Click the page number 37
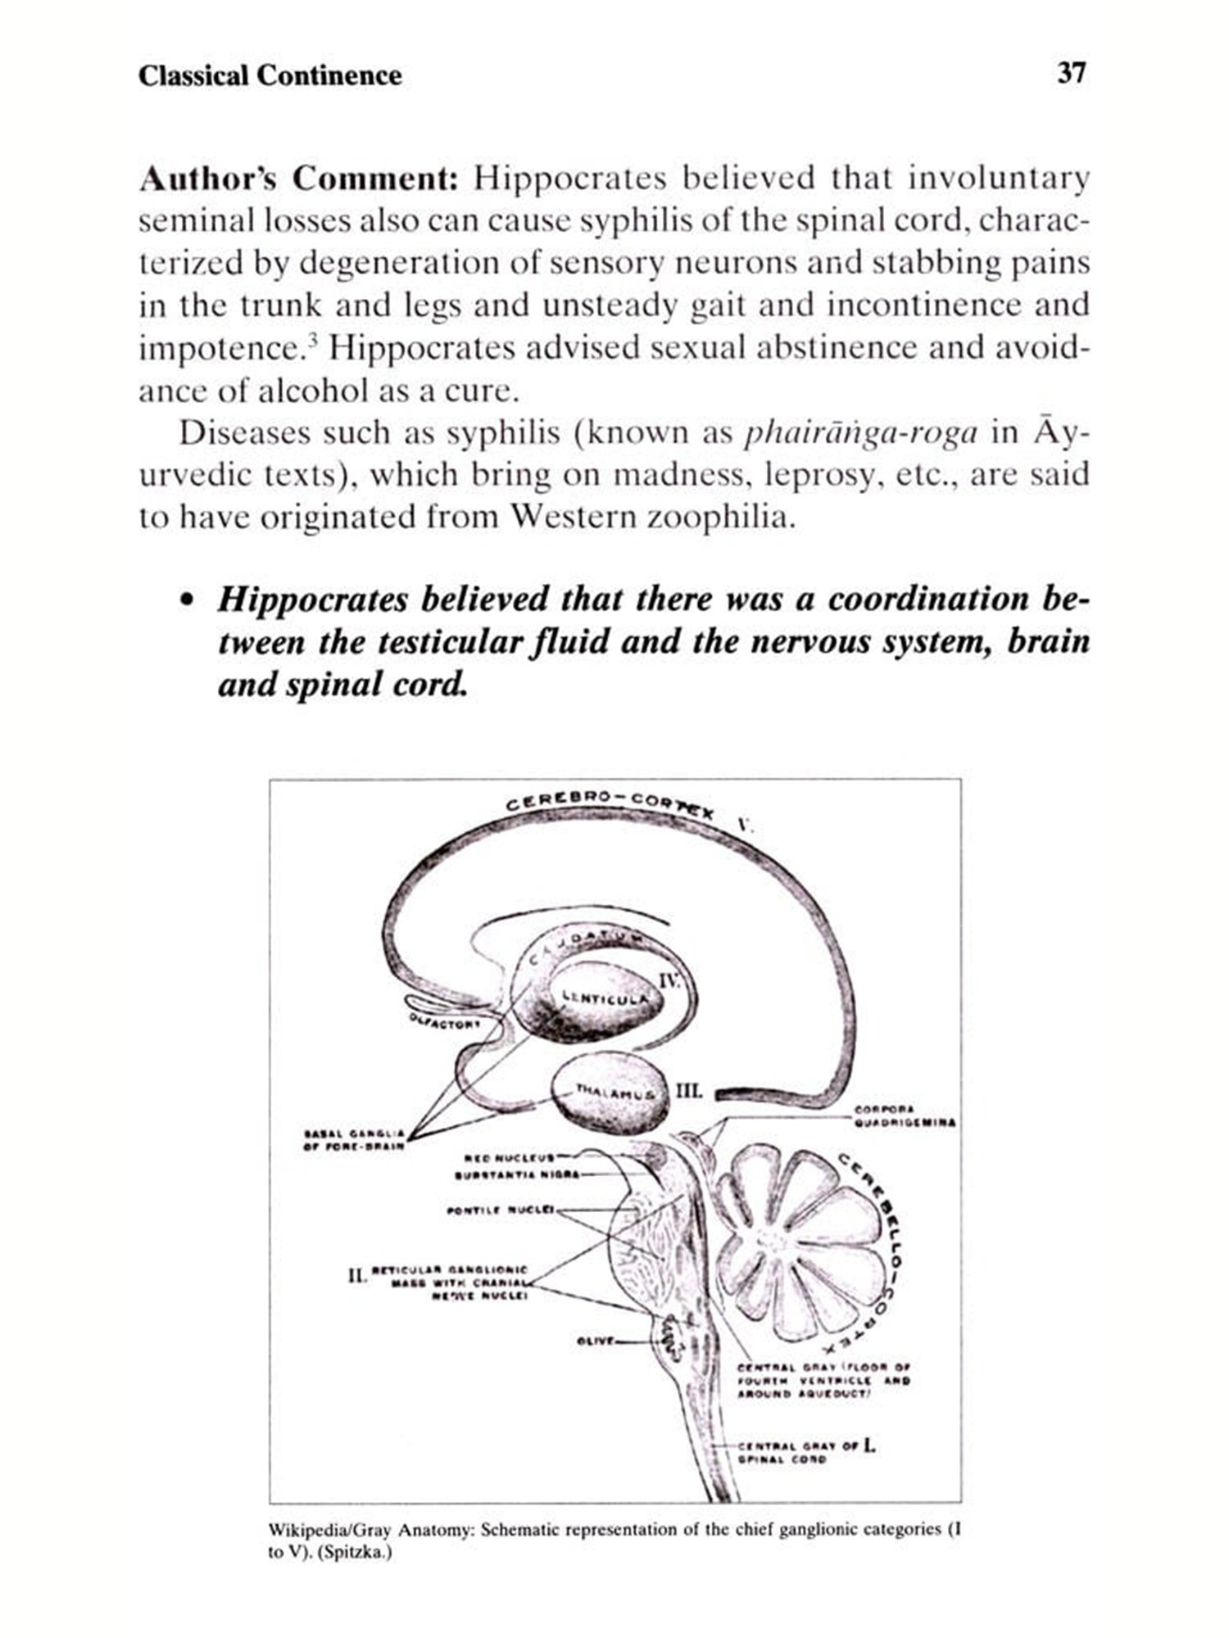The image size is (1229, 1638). (x=1071, y=74)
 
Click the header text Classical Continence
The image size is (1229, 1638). (x=270, y=76)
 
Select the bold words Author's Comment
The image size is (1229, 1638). (x=297, y=179)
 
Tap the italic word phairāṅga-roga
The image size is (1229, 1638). (x=859, y=432)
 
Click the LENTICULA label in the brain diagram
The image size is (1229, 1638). (x=605, y=997)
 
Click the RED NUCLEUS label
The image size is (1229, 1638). (x=510, y=1158)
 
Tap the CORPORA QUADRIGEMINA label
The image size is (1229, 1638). (x=903, y=1115)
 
